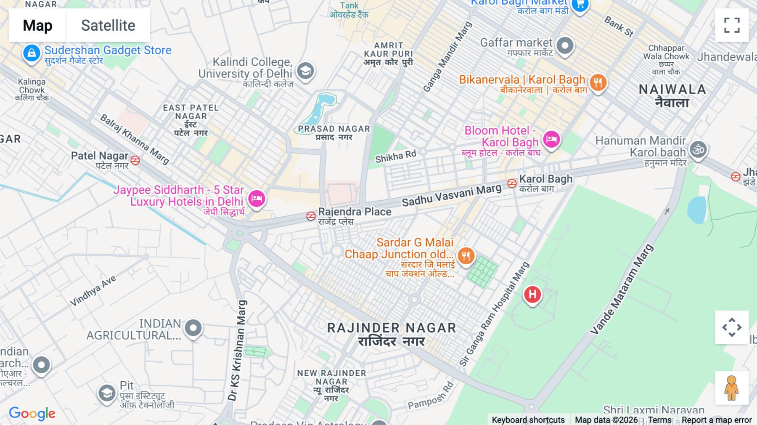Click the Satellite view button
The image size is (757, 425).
tap(108, 25)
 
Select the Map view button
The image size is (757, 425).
tap(37, 25)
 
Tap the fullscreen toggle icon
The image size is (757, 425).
tap(732, 25)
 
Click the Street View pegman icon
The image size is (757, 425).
tap(731, 388)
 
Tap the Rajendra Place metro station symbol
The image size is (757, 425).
tap(311, 216)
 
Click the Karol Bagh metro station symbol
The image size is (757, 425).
tap(512, 183)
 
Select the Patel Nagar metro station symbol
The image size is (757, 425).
tap(135, 160)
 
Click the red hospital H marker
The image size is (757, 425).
tap(532, 294)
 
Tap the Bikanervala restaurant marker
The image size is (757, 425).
tap(598, 82)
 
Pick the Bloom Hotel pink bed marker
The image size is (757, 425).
tap(551, 139)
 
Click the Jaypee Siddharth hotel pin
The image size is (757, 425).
tap(257, 198)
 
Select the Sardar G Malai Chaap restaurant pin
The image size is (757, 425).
tap(466, 255)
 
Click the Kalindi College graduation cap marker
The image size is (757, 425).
tap(306, 71)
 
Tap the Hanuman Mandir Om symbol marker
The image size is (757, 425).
tap(698, 149)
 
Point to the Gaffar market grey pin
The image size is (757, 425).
tap(565, 45)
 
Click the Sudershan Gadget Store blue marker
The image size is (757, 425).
tap(32, 53)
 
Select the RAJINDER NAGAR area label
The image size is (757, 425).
tap(392, 328)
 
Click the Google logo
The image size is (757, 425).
tap(32, 414)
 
